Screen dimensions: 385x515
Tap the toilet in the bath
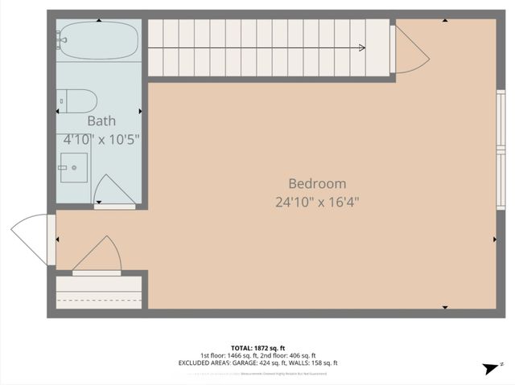[79, 101]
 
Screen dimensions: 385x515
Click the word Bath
[101, 121]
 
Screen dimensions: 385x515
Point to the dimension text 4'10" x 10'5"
[101, 139]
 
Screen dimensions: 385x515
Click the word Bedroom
[317, 183]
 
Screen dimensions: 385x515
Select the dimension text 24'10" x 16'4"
[317, 202]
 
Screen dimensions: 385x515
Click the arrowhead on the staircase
[362, 48]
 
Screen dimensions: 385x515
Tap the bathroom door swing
[113, 191]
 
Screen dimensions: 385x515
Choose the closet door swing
[98, 256]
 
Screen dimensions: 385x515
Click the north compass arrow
[488, 367]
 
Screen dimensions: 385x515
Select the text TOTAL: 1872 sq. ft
[257, 347]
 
